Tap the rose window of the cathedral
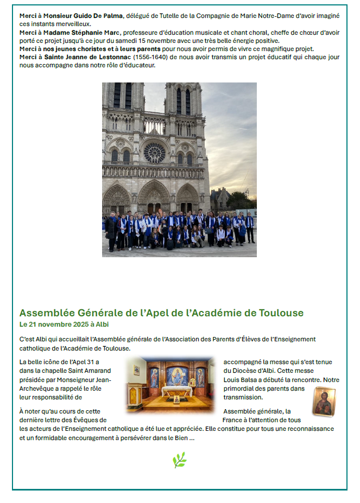154,152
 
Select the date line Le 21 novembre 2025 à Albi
64,324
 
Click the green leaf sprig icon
179,460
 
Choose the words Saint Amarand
76,371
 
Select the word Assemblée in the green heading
45,313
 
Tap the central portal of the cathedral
154,199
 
